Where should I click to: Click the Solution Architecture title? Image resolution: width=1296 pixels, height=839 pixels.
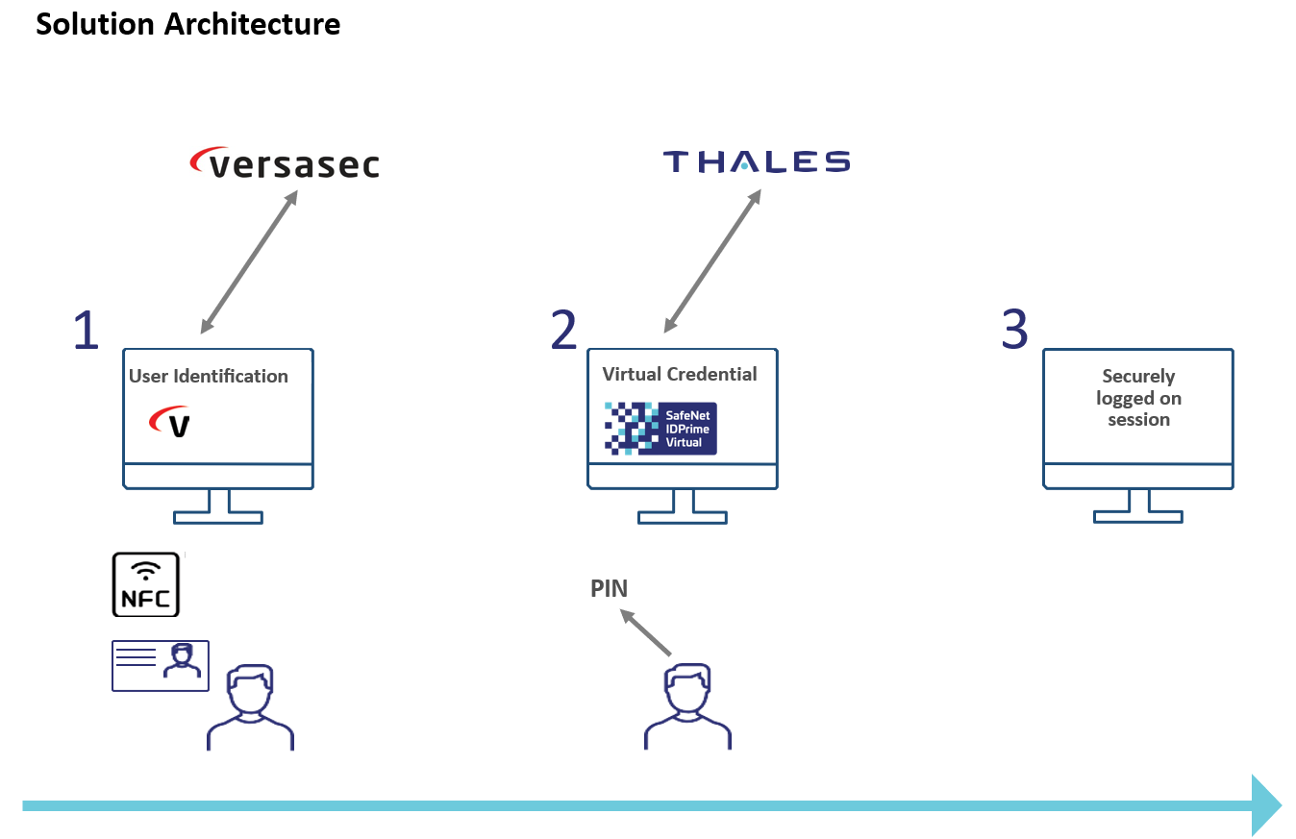188,24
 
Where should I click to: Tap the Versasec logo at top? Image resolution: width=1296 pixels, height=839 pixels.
285,163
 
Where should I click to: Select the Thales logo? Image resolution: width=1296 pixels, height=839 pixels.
757,161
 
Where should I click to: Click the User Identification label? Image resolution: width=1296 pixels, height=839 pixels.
209,376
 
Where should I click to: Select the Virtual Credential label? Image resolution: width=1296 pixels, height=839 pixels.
680,374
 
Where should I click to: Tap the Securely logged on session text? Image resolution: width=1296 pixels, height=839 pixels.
1138,398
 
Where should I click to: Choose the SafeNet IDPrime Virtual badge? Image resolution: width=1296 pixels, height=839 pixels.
660,428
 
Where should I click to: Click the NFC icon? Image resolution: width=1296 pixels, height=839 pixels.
146,584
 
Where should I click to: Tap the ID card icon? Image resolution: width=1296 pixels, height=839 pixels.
161,665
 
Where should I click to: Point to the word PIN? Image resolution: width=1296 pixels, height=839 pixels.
609,588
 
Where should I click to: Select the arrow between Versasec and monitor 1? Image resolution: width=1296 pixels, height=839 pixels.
249,261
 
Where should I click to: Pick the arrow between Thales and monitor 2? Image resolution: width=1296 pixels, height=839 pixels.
712,261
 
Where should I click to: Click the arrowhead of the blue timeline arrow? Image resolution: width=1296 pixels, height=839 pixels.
1266,805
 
